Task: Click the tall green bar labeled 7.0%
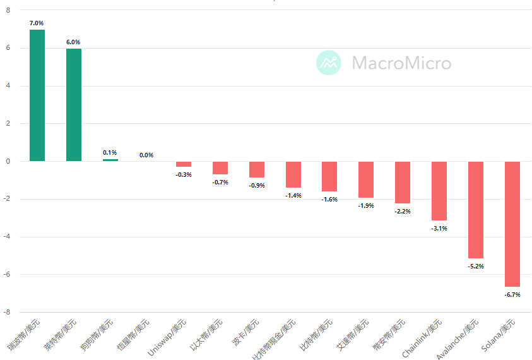[x=37, y=95]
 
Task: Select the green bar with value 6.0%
[x=74, y=105]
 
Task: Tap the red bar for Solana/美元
[x=512, y=224]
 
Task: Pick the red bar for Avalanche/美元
[x=476, y=210]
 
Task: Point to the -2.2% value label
[x=403, y=211]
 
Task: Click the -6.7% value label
[x=512, y=294]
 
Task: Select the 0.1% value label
[x=110, y=152]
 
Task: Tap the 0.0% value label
[x=146, y=155]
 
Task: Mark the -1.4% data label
[x=293, y=196]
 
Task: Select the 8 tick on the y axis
[x=8, y=10]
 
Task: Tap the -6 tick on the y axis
[x=7, y=275]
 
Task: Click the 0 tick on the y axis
[x=8, y=161]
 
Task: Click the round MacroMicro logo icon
[x=328, y=63]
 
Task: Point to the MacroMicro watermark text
[x=401, y=63]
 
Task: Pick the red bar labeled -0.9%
[x=257, y=169]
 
